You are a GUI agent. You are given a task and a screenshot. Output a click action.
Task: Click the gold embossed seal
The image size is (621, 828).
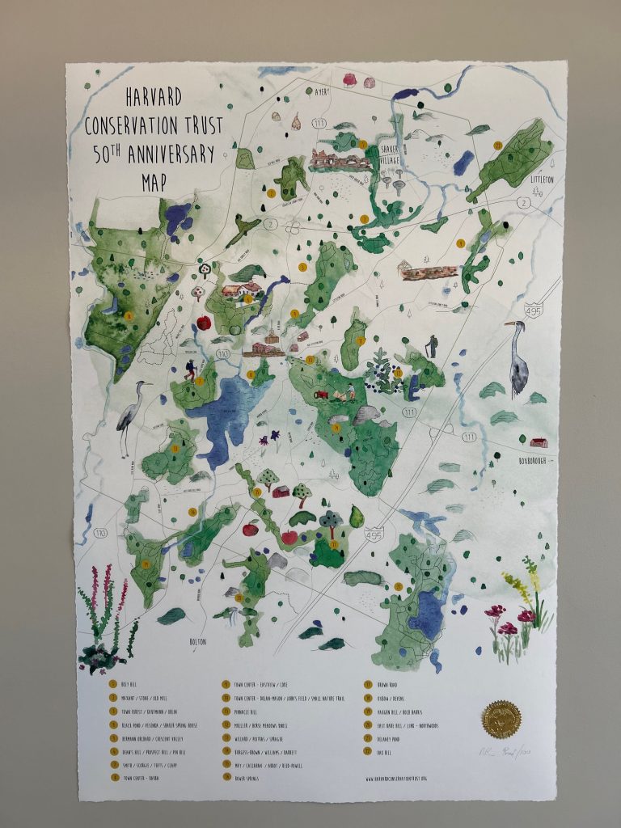point(501,718)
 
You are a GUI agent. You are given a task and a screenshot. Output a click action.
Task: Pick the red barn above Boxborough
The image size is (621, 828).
point(539,441)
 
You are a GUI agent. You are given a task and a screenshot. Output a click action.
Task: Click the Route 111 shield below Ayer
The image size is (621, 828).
point(321,122)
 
